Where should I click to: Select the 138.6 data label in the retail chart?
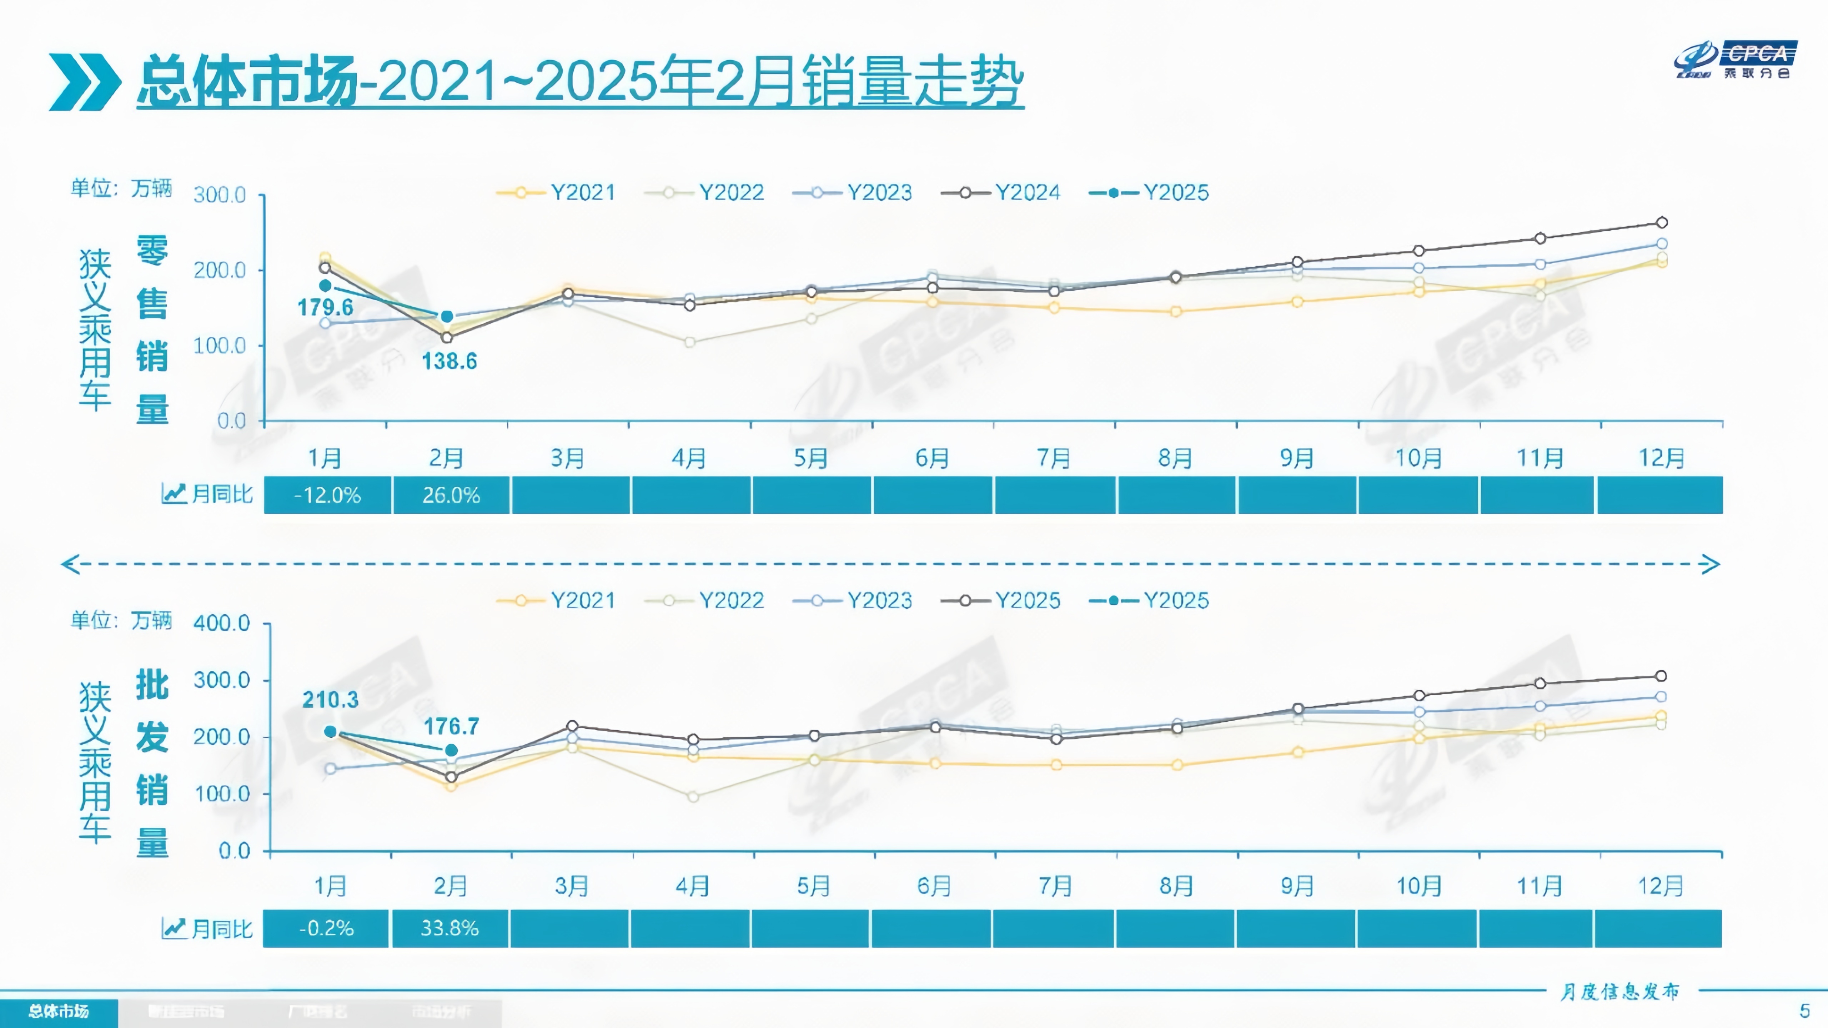click(x=449, y=361)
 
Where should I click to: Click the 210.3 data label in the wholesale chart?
click(x=330, y=700)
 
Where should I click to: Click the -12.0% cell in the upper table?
click(x=327, y=494)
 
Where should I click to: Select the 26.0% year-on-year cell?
click(x=451, y=494)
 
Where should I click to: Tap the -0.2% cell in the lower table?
click(x=326, y=928)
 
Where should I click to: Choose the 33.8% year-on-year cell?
click(x=449, y=928)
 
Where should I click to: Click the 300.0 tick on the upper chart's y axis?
click(x=220, y=195)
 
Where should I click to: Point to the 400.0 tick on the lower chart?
click(x=221, y=623)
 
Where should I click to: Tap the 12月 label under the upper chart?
click(x=1661, y=458)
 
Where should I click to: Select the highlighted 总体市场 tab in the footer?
click(x=59, y=1011)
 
